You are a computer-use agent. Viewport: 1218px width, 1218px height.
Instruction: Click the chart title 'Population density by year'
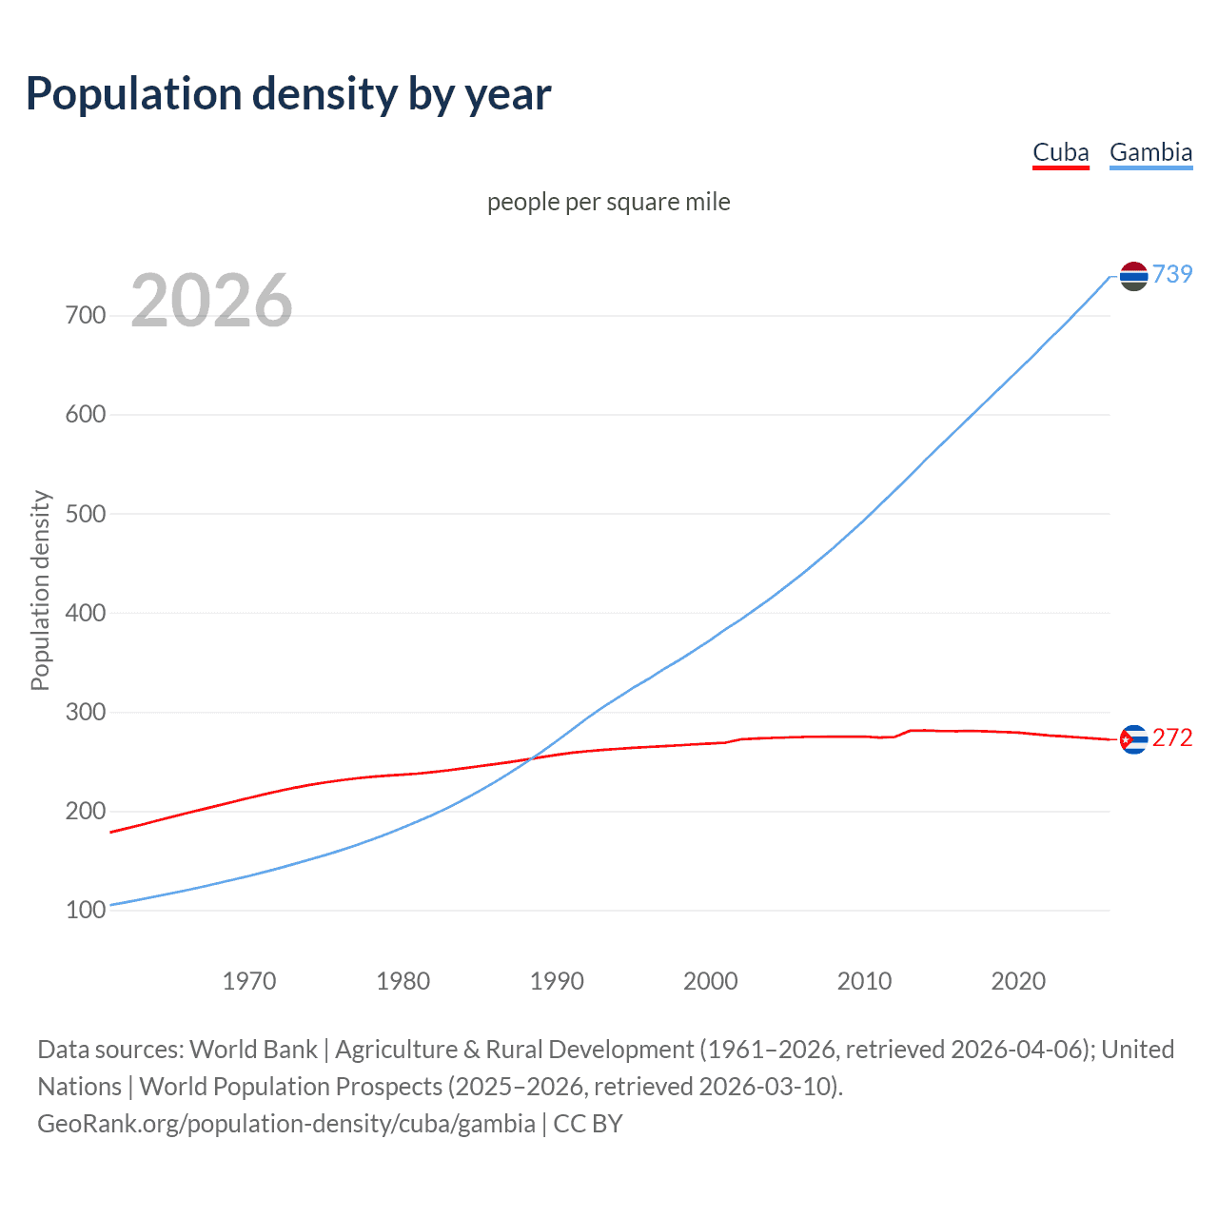[288, 94]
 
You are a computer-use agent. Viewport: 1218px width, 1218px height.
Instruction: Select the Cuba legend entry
[1060, 153]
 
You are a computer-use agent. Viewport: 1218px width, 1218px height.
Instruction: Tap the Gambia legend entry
[1150, 153]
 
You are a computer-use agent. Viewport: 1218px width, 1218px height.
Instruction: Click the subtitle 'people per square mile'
[608, 202]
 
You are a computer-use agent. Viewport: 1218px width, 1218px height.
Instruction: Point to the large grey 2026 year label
[211, 301]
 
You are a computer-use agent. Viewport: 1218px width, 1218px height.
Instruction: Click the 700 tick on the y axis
[86, 316]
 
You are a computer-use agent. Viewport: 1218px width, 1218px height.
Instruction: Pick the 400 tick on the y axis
[86, 613]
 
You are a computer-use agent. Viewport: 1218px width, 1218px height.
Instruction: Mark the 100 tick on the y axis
[86, 911]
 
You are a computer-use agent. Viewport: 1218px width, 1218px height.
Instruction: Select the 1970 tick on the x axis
[249, 981]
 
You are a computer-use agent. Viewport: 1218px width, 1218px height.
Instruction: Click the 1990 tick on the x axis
[557, 981]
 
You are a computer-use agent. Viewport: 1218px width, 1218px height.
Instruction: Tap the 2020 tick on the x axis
[1018, 981]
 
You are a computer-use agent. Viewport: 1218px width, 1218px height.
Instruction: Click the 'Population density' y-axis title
[40, 590]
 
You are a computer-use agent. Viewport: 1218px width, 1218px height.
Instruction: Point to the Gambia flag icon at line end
[1133, 276]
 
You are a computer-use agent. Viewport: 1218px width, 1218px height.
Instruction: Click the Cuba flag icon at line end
[1133, 739]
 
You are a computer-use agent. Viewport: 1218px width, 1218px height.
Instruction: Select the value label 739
[1172, 274]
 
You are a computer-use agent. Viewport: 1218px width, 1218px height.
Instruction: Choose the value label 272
[1172, 738]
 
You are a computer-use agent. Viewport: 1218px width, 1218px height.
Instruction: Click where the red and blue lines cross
[530, 758]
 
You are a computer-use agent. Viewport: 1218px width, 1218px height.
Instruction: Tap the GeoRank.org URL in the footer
[286, 1124]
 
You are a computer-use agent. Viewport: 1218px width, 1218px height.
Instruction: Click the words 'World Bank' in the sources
[253, 1050]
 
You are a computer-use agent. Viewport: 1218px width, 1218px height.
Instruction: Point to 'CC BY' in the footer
[588, 1124]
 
